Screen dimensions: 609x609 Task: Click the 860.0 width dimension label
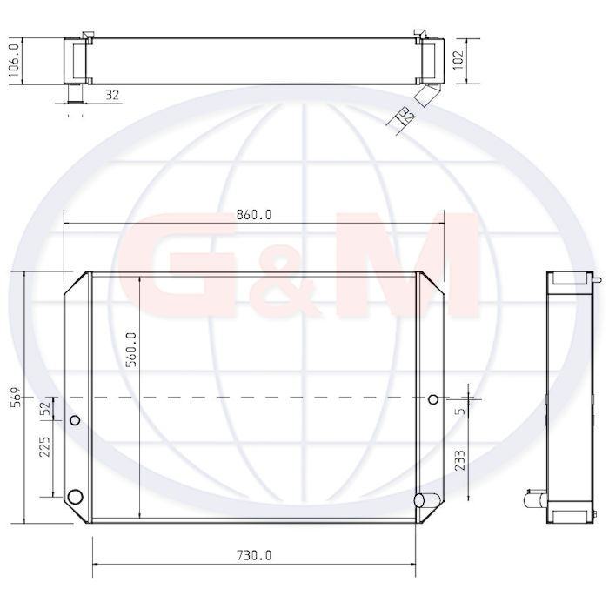tap(254, 214)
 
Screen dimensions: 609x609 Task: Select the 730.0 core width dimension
tap(254, 556)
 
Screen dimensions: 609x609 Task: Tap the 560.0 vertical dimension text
tap(132, 350)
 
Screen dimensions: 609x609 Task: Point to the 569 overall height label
tap(16, 397)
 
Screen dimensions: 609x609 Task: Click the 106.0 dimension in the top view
tap(14, 60)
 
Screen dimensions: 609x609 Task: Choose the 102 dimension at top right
tap(458, 59)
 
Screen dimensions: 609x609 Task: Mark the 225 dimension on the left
tap(44, 446)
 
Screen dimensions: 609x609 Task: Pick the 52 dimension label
tap(45, 408)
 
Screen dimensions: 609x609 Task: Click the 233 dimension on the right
tap(459, 460)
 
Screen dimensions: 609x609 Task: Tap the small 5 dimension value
tap(460, 411)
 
